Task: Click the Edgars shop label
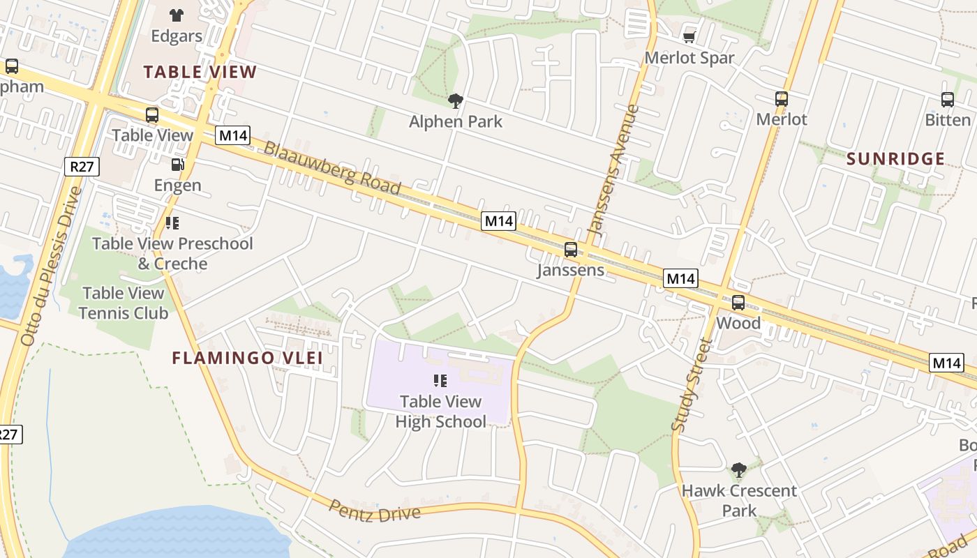pos(177,36)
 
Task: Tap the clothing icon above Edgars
pos(177,15)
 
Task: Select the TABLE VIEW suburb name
pos(200,72)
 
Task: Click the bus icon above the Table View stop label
pos(152,115)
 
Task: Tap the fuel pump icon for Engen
pos(178,165)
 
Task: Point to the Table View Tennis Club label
pos(124,303)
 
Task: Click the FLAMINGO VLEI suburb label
pos(247,359)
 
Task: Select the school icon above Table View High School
pos(440,381)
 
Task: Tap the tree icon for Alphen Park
pos(456,101)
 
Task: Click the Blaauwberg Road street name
pos(333,168)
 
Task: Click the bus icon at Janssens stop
pos(571,250)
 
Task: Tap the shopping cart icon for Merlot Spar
pos(689,37)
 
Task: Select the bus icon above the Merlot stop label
pos(782,99)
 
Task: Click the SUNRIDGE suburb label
pos(896,159)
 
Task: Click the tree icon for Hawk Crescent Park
pos(739,470)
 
